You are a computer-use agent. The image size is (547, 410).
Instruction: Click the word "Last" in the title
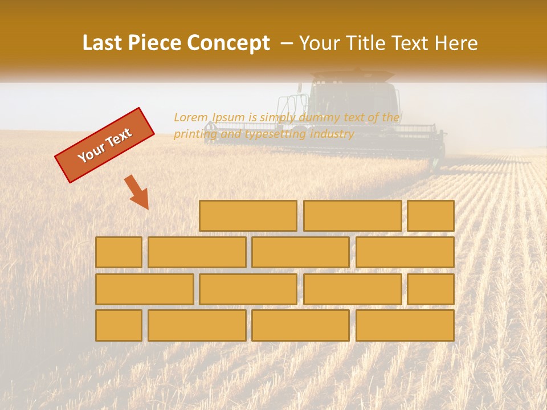pyautogui.click(x=104, y=43)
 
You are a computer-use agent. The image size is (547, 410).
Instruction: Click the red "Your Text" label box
pyautogui.click(x=105, y=145)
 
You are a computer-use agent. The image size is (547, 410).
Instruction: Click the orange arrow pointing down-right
pyautogui.click(x=137, y=192)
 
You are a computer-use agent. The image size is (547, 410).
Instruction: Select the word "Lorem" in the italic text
pyautogui.click(x=191, y=117)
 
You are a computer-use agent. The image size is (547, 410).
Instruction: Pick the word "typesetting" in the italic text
pyautogui.click(x=275, y=134)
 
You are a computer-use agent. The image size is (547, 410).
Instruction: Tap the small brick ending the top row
pyautogui.click(x=431, y=216)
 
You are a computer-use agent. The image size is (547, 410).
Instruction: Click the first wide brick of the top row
pyautogui.click(x=248, y=216)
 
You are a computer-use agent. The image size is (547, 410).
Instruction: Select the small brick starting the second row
pyautogui.click(x=119, y=252)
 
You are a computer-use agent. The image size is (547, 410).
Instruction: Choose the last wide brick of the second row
pyautogui.click(x=405, y=252)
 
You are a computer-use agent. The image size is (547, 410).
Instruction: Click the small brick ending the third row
pyautogui.click(x=431, y=289)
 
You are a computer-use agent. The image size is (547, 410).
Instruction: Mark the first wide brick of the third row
pyautogui.click(x=144, y=289)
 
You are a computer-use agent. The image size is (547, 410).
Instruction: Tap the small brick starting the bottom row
pyautogui.click(x=119, y=326)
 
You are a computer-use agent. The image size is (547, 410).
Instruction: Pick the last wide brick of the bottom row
pyautogui.click(x=405, y=326)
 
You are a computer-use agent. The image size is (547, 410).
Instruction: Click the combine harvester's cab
pyautogui.click(x=353, y=100)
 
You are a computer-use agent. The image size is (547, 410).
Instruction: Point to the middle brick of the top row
pyautogui.click(x=352, y=216)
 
